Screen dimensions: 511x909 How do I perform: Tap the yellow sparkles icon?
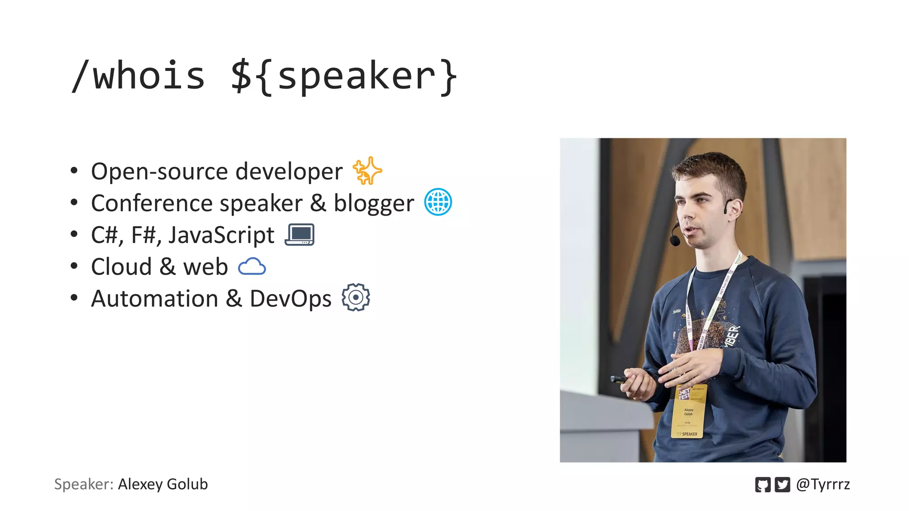pyautogui.click(x=367, y=171)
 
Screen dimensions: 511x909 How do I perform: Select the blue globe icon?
pyautogui.click(x=438, y=202)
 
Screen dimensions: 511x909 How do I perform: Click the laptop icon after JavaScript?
pyautogui.click(x=300, y=235)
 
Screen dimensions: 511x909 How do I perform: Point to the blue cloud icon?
pyautogui.click(x=252, y=267)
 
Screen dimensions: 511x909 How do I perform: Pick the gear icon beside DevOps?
pyautogui.click(x=356, y=297)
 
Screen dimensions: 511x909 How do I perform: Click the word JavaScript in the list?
pyautogui.click(x=221, y=235)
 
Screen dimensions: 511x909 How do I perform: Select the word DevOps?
pyautogui.click(x=290, y=299)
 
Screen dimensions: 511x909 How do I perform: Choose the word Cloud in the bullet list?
pyautogui.click(x=121, y=267)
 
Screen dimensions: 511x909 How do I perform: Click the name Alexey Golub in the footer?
pyautogui.click(x=162, y=484)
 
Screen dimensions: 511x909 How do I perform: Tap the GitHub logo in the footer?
pyautogui.click(x=763, y=484)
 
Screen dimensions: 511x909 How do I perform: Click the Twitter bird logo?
pyautogui.click(x=782, y=484)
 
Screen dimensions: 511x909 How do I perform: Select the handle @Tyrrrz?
pyautogui.click(x=823, y=484)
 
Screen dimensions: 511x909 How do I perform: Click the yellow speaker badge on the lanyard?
pyautogui.click(x=688, y=411)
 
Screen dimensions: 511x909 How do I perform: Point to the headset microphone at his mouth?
pyautogui.click(x=675, y=240)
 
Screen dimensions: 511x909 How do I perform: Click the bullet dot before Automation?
pyautogui.click(x=74, y=298)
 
